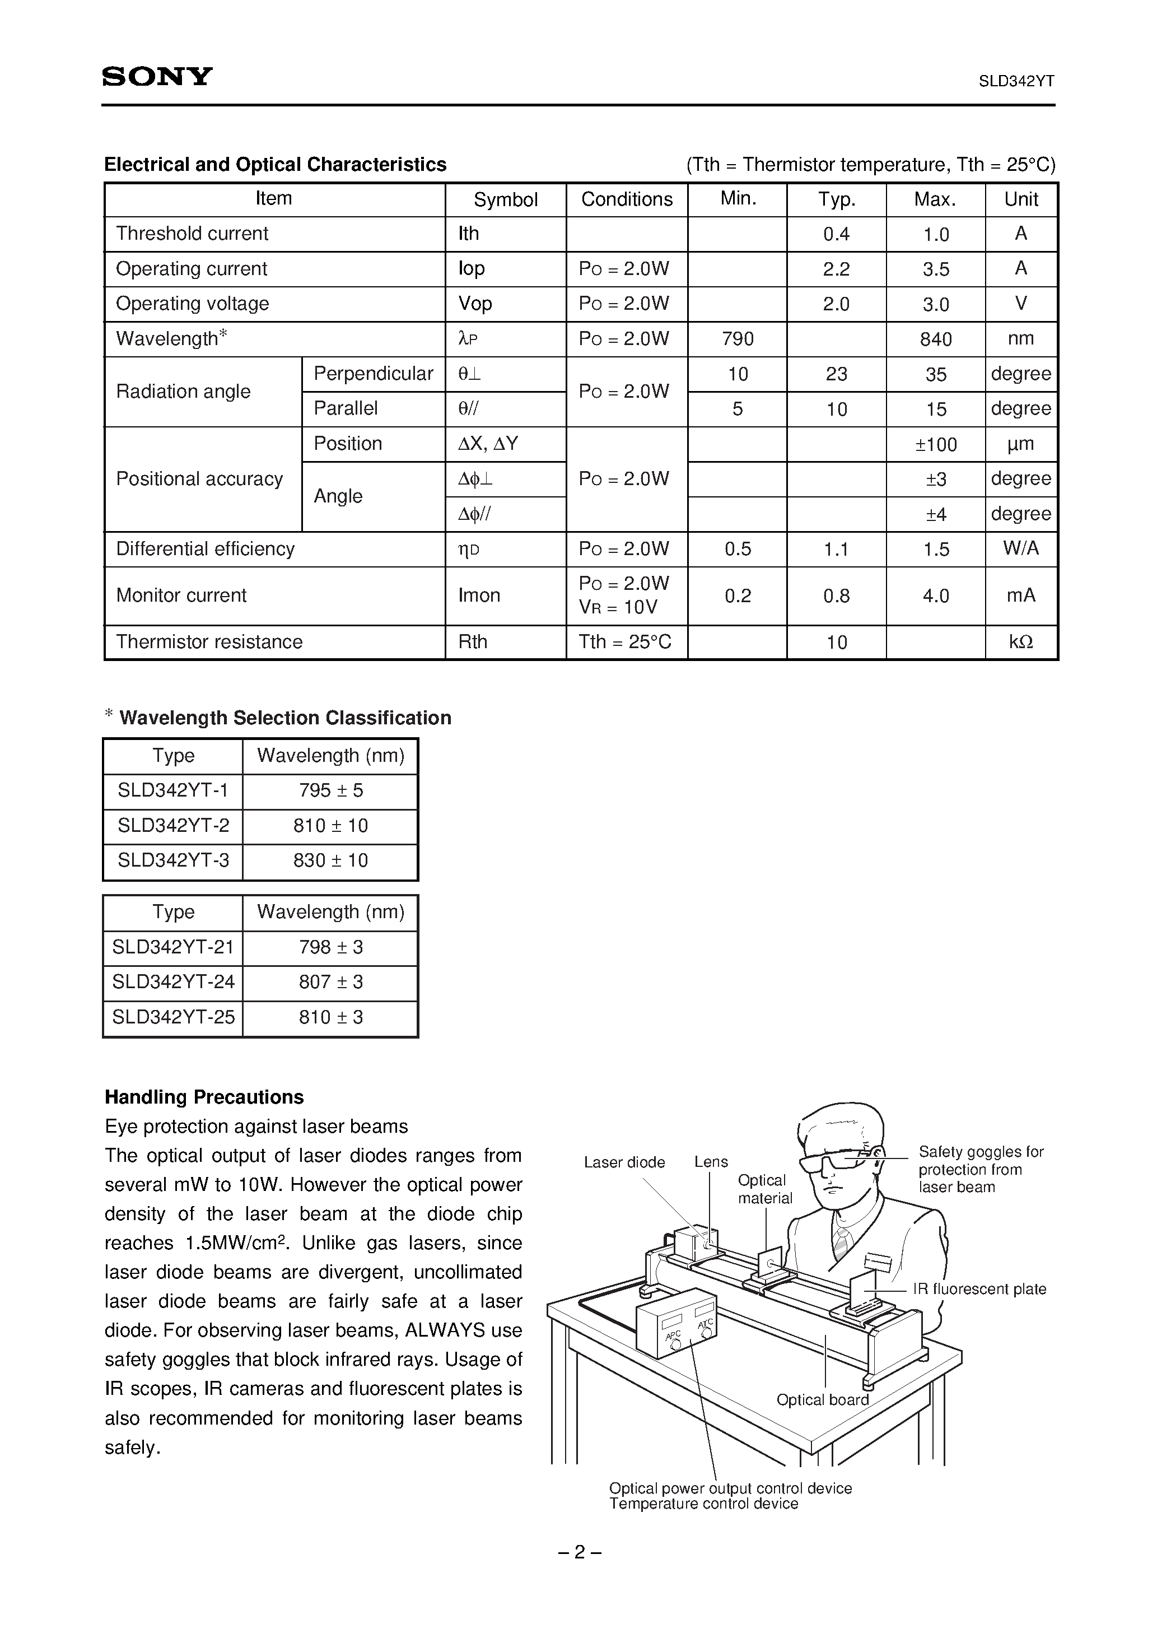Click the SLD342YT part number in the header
(x=1016, y=81)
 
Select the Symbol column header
(x=505, y=200)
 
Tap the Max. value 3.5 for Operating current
(x=935, y=269)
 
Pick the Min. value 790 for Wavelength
(x=737, y=339)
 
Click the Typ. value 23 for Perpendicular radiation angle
(x=836, y=374)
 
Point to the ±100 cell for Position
(x=935, y=444)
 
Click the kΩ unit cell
(x=1021, y=642)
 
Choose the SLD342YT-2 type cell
(x=174, y=825)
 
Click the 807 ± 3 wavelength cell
(x=330, y=981)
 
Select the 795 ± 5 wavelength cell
(x=330, y=790)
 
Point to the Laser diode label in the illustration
(x=624, y=1162)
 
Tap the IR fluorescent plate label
(x=979, y=1288)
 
